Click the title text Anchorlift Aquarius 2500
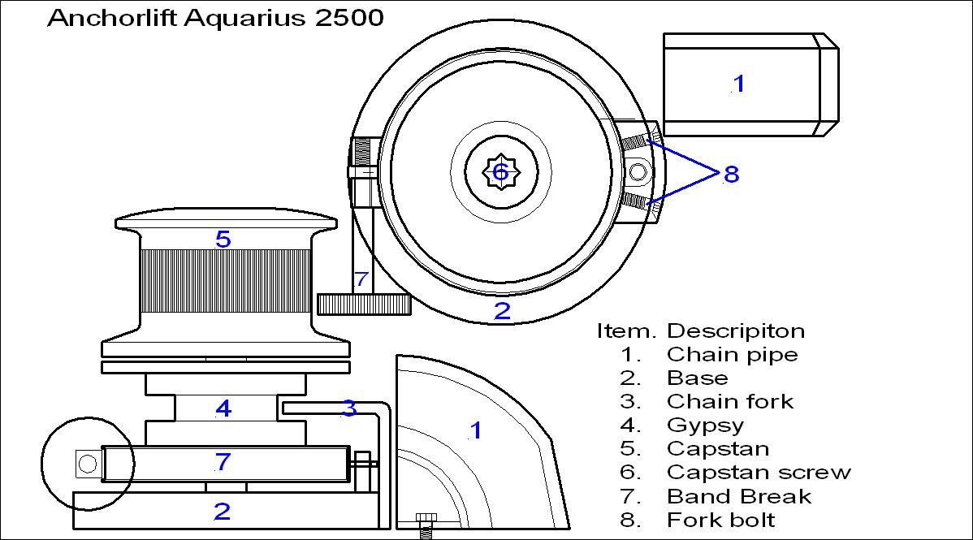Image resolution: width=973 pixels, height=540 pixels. (x=215, y=19)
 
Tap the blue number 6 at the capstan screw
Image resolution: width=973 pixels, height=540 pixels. (x=500, y=172)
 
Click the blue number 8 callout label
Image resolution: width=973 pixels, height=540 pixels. (x=731, y=174)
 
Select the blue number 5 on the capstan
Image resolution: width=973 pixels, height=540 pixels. (x=223, y=240)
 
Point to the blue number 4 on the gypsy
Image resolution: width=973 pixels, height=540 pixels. (x=223, y=408)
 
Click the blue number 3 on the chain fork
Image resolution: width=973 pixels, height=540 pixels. (x=348, y=408)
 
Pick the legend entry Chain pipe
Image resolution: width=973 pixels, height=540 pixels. (x=732, y=355)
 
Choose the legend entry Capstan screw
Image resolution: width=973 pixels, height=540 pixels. (x=759, y=473)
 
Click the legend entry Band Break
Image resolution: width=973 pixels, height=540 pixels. (x=738, y=496)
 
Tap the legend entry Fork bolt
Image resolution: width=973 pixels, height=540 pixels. (x=721, y=520)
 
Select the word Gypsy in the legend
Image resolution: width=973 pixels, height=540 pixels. (x=705, y=426)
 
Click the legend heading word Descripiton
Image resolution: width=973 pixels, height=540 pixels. (x=736, y=331)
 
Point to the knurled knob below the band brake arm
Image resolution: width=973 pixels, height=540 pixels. (x=363, y=305)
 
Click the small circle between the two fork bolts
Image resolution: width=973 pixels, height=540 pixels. (x=638, y=172)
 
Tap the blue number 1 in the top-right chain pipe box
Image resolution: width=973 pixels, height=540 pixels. (x=738, y=83)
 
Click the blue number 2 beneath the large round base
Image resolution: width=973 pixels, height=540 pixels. (x=502, y=311)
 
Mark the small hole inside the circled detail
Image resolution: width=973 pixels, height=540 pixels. (x=87, y=464)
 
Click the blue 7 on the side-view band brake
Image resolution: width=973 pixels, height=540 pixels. (x=223, y=463)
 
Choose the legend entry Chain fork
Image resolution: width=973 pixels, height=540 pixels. (x=730, y=402)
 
